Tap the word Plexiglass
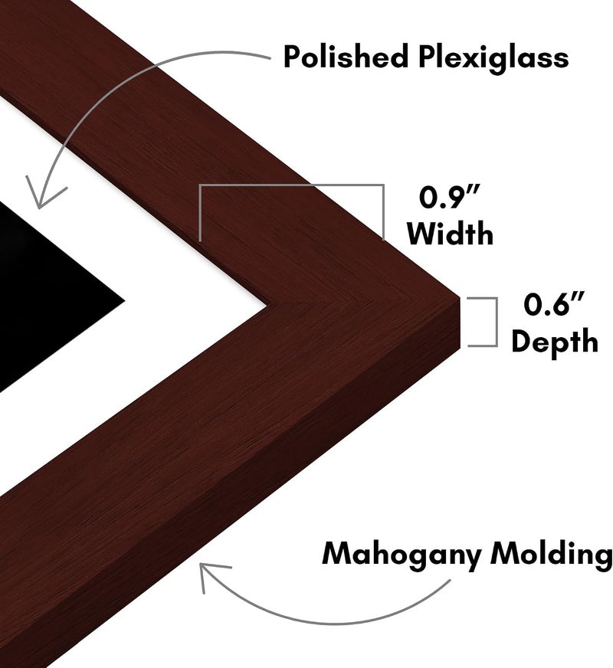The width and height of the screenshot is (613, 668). pos(493,59)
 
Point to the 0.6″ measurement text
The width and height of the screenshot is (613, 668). pos(554,304)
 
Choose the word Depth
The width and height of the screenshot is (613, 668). pos(555,341)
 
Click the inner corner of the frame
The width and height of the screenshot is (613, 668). pos(267,304)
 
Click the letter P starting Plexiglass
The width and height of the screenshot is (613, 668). pos(428,57)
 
